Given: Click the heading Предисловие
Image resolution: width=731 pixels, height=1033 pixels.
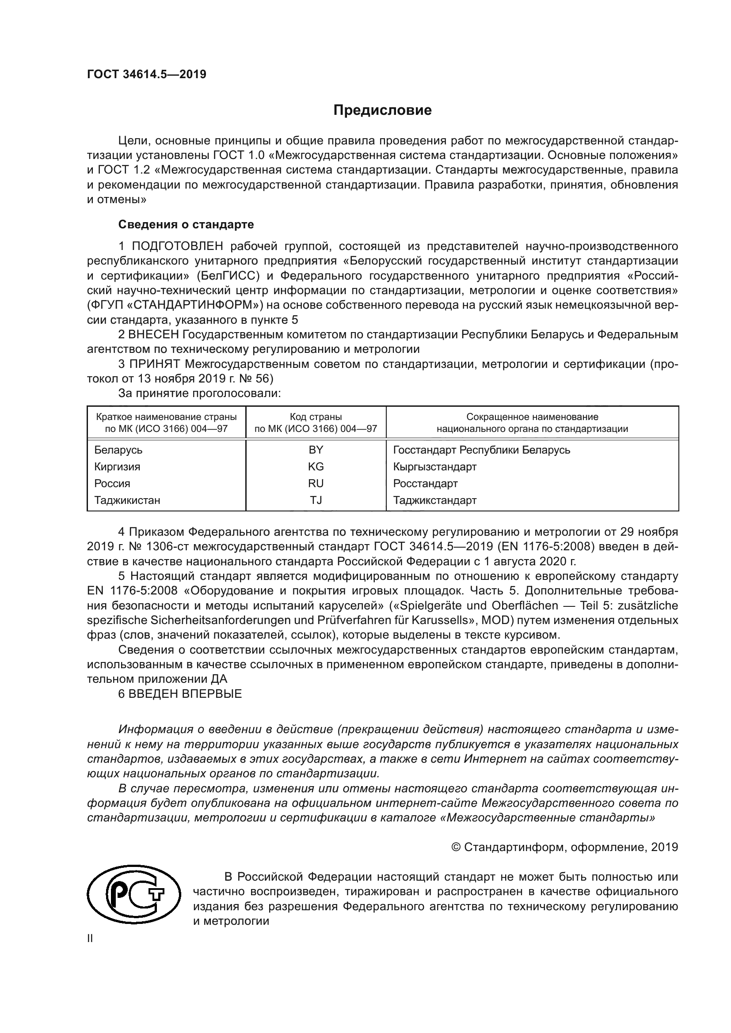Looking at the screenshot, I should point(382,110).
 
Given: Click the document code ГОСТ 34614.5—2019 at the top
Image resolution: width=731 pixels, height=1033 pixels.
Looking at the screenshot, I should point(146,74).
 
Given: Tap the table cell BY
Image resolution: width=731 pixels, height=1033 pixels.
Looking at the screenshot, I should point(316,450).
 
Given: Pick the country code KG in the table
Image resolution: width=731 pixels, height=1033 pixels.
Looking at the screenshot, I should point(316,466).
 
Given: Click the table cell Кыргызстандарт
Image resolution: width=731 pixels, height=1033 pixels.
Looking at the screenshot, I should point(434,466).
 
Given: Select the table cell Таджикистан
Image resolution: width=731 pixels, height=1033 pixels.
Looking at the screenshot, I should point(127,500).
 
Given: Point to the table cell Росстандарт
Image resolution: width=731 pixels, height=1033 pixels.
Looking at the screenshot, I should point(425,484).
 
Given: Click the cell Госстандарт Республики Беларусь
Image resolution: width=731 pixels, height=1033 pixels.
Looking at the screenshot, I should point(481,450).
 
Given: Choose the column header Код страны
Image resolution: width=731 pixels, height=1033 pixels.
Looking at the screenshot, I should point(316,416).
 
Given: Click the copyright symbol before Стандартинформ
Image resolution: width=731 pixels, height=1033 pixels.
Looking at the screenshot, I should point(456,848).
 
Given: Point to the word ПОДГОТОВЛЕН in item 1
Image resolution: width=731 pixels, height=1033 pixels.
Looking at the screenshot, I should point(177,246).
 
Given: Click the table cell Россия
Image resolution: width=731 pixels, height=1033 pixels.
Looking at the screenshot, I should point(112,484).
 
